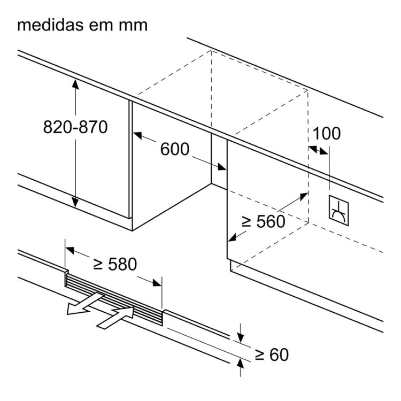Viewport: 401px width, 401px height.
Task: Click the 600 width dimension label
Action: point(175,149)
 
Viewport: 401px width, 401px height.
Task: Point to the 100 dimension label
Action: point(326,134)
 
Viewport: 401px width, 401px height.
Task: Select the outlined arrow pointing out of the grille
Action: point(80,306)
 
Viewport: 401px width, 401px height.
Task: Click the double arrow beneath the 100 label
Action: point(319,150)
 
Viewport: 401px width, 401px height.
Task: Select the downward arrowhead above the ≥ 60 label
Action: point(240,336)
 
